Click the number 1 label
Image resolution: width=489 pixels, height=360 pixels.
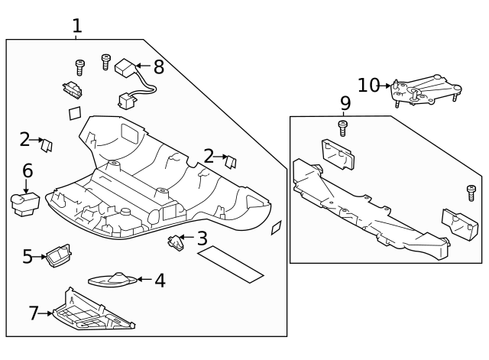point(76,25)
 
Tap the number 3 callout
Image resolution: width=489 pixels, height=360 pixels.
point(202,238)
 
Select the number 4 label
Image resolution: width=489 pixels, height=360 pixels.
point(159,281)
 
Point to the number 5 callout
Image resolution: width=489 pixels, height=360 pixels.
point(28,256)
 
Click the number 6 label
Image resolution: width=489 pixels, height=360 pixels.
point(28,170)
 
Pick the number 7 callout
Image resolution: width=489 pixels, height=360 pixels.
point(33,313)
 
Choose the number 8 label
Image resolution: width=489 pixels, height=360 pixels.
point(158,66)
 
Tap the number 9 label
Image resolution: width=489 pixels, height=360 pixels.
point(345,102)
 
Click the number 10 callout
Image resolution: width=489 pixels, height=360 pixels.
point(368,85)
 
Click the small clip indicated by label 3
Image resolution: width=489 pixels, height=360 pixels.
point(176,242)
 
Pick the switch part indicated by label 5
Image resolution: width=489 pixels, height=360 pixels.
point(57,255)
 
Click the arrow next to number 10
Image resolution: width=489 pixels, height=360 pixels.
point(389,86)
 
